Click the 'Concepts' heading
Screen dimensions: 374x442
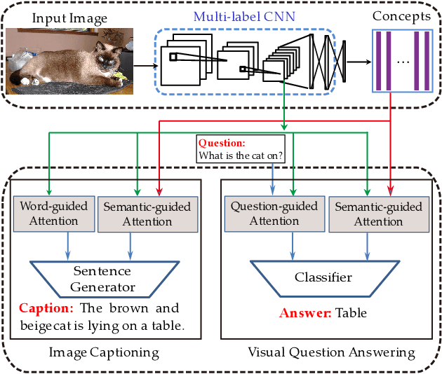coord(402,15)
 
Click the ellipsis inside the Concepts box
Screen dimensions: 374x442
coord(402,62)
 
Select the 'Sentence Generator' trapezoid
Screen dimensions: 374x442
coord(104,278)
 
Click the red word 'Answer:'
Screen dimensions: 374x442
coord(305,313)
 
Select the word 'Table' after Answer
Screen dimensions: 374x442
coord(351,313)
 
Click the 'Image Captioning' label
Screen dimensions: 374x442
coord(105,352)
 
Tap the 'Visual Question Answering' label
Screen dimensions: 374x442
coord(331,352)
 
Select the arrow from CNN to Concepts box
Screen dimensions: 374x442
coord(359,62)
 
